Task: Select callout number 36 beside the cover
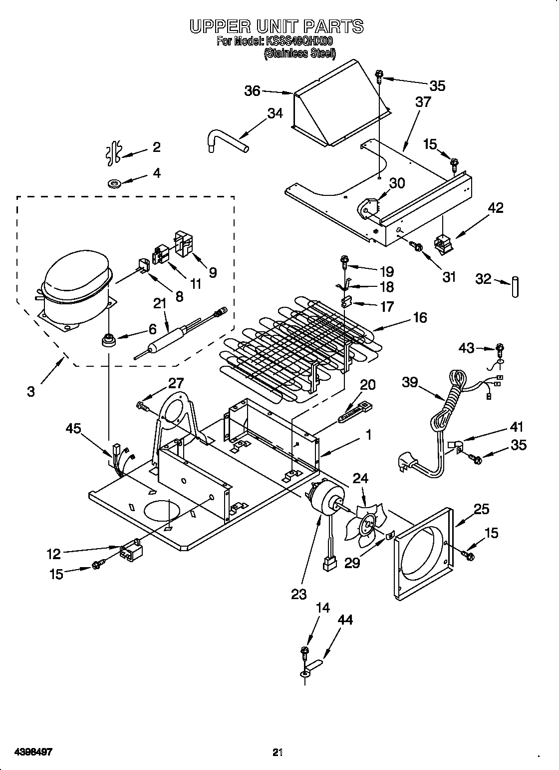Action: pos(252,91)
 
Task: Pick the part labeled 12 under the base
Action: pos(131,552)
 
